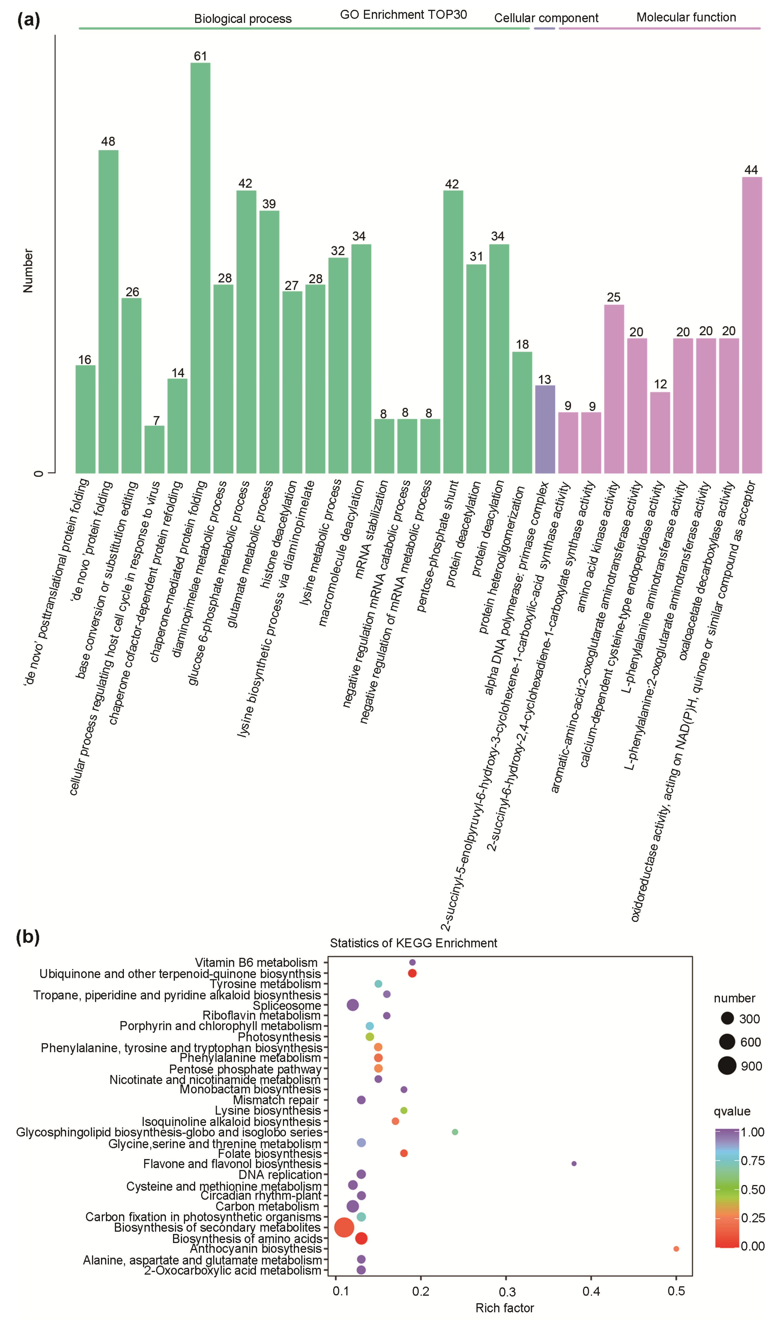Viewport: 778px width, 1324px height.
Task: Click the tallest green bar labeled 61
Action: (x=200, y=268)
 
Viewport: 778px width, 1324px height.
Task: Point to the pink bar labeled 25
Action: (x=614, y=389)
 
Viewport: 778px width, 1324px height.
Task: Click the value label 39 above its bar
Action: (x=269, y=204)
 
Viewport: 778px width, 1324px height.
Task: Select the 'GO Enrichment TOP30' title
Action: (x=403, y=15)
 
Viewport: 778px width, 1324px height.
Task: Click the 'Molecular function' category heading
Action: (x=686, y=17)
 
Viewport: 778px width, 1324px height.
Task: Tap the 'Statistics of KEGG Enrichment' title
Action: (x=413, y=943)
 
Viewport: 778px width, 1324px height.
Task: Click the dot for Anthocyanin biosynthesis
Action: (x=676, y=1249)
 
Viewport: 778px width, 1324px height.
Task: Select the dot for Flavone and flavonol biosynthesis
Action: (x=574, y=1164)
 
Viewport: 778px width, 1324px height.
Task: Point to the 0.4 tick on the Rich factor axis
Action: (x=591, y=1291)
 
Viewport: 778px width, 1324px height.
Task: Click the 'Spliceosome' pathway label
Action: (x=287, y=1006)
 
